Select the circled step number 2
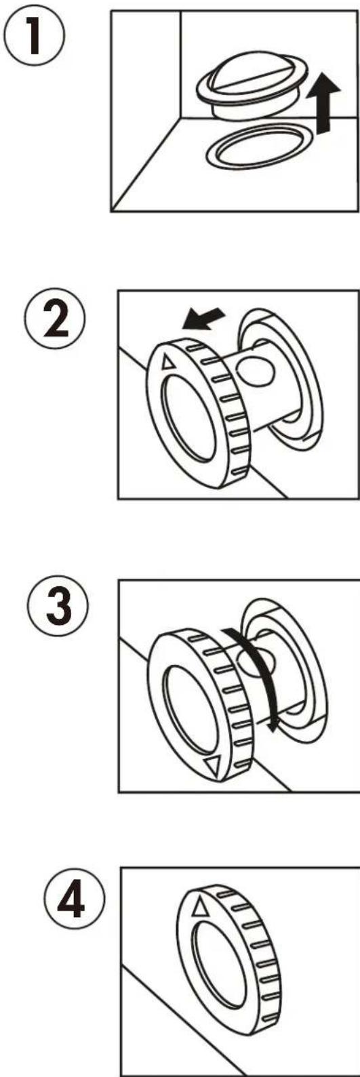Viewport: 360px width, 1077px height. tap(52, 323)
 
